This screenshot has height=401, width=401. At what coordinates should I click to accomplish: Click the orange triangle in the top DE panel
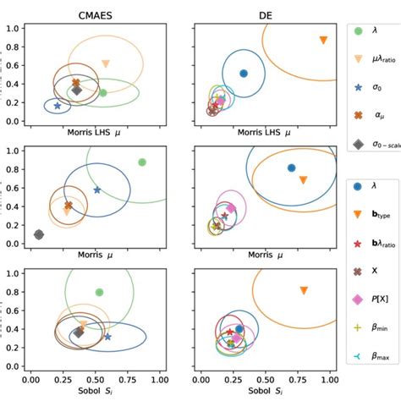[x=323, y=41]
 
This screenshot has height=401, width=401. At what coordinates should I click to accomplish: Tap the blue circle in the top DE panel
[x=244, y=74]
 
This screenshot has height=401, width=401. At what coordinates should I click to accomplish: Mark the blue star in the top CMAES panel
[x=58, y=106]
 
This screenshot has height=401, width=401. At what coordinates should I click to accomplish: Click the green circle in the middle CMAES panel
[x=141, y=162]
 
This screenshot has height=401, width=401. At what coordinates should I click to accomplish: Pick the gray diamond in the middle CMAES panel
[x=38, y=234]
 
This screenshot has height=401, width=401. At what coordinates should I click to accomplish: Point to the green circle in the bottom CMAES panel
[x=99, y=292]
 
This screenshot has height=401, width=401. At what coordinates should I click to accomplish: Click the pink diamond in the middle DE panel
[x=231, y=208]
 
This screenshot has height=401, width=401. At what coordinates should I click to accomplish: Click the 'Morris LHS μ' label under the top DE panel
[x=261, y=133]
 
